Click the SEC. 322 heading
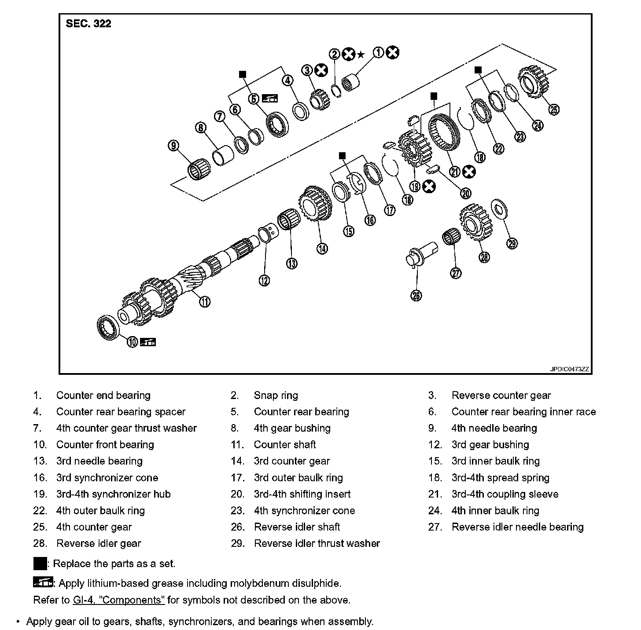[x=88, y=24]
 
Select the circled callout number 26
[x=416, y=296]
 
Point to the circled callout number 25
[x=554, y=109]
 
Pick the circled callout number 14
[x=322, y=248]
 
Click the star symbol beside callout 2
[x=361, y=55]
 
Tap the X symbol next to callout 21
[x=469, y=172]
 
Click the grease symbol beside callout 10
[x=148, y=342]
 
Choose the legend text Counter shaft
[x=285, y=445]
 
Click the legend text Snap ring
[x=276, y=396]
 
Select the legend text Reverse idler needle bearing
[x=517, y=527]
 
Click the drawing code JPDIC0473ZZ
[x=569, y=369]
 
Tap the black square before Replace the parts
[x=40, y=564]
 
